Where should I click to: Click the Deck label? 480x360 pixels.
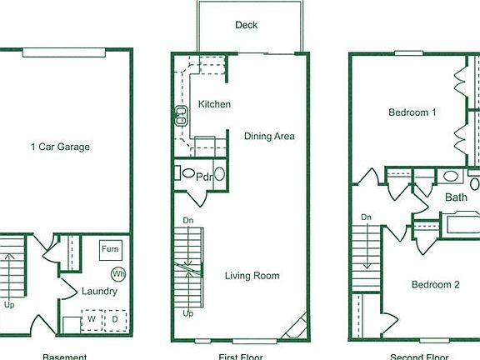click(x=246, y=25)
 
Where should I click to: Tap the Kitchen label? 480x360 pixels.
click(x=214, y=104)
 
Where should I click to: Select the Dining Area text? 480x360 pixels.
click(x=269, y=136)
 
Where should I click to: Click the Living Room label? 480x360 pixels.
click(x=252, y=276)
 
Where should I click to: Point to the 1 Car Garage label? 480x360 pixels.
click(x=60, y=147)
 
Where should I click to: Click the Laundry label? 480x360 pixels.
click(x=99, y=292)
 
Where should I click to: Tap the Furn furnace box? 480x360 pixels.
click(x=110, y=249)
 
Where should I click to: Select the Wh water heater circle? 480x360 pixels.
click(x=118, y=273)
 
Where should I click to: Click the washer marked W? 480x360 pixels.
click(x=90, y=318)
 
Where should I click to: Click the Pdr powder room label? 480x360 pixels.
click(x=203, y=176)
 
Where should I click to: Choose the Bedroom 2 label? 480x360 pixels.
click(x=435, y=284)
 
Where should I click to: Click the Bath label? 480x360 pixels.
click(x=456, y=197)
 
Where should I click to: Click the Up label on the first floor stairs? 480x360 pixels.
click(x=188, y=314)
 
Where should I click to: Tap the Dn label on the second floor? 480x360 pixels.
click(x=366, y=217)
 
